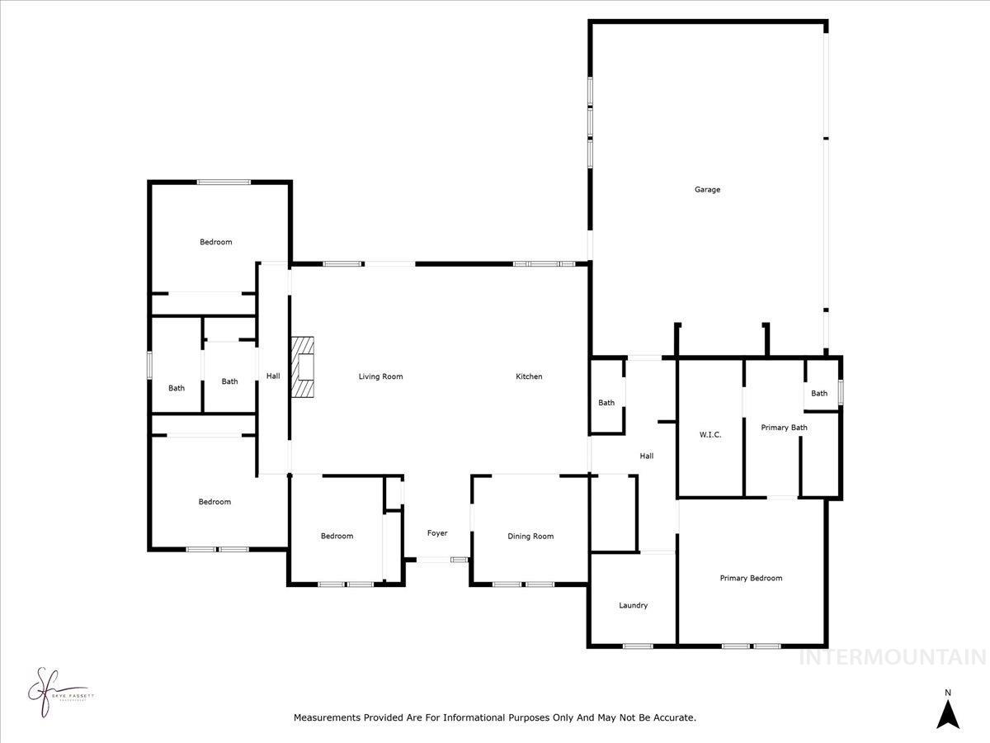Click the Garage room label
click(x=707, y=190)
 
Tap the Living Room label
click(x=380, y=376)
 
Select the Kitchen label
click(x=529, y=376)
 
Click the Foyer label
click(x=437, y=533)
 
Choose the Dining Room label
click(x=530, y=537)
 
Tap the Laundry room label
click(x=633, y=605)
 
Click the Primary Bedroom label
click(x=751, y=578)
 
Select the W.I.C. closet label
click(x=710, y=434)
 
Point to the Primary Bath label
click(x=784, y=428)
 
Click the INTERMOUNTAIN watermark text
click(x=893, y=657)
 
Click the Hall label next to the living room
click(x=273, y=376)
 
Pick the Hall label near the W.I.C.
click(x=647, y=456)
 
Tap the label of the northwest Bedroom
click(x=215, y=242)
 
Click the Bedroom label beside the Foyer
click(x=337, y=537)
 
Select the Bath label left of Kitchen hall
click(x=606, y=403)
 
